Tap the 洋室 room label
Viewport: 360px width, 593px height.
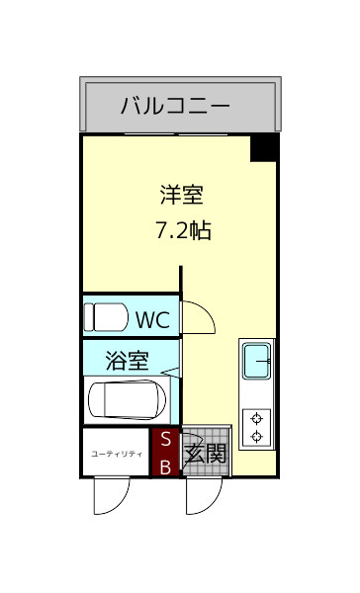tap(182, 194)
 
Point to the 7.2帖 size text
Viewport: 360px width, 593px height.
tap(182, 232)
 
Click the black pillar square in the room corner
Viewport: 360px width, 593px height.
tap(263, 147)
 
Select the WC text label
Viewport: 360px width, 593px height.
tap(152, 319)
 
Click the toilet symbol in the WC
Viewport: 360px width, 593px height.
tap(106, 317)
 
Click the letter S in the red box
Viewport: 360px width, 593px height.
tap(165, 439)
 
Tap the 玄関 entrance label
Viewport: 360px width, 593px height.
tap(207, 454)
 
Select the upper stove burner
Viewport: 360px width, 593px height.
tap(258, 417)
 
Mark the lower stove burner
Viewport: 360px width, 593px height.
tap(258, 436)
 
